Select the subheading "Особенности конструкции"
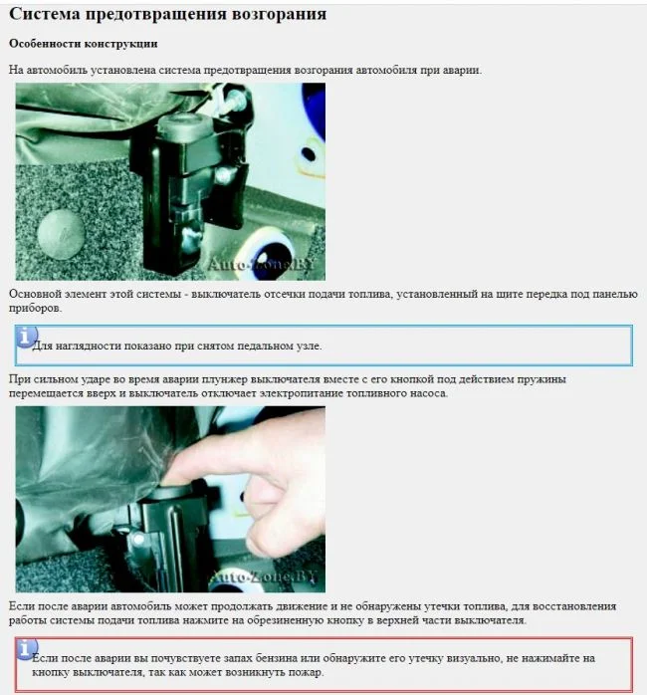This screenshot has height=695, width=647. (84, 44)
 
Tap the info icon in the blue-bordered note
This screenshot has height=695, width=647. (26, 337)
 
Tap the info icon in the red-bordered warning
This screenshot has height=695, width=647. (26, 649)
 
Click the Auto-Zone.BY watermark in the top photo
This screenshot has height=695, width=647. (261, 265)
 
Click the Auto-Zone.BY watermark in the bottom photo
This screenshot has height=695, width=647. (265, 577)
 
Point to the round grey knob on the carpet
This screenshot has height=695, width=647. (61, 234)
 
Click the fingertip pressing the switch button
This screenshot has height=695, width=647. (177, 474)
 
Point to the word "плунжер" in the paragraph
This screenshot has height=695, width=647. (225, 379)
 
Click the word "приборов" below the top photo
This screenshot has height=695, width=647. (34, 309)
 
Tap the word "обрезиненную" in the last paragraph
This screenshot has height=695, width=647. (285, 620)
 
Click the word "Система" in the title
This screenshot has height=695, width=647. (45, 14)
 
